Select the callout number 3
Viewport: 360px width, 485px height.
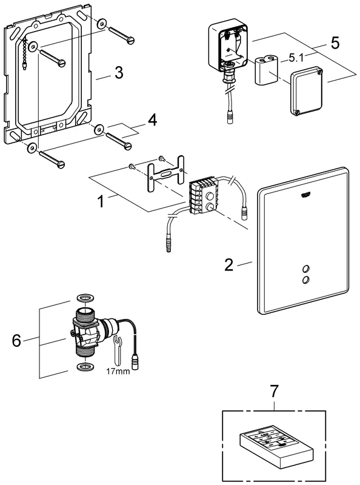pyautogui.click(x=119, y=75)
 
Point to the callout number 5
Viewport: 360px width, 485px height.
pyautogui.click(x=335, y=44)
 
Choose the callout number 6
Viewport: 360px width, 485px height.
pyautogui.click(x=16, y=341)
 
